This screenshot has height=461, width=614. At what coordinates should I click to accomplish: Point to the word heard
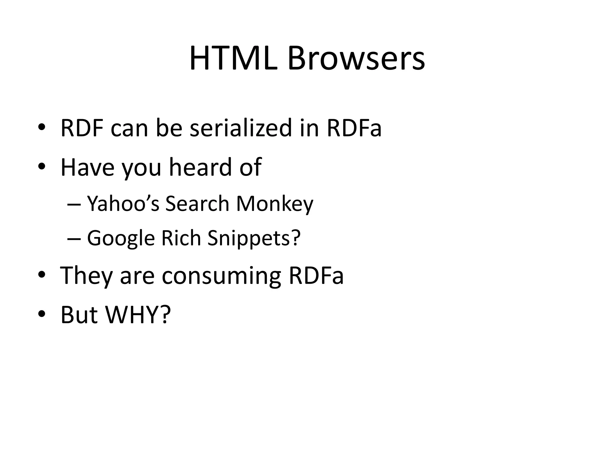click(200, 167)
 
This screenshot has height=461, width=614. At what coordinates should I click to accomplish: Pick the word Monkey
click(274, 204)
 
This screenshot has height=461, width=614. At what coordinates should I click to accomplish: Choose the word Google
click(121, 238)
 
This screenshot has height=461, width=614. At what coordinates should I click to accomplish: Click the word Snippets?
click(254, 238)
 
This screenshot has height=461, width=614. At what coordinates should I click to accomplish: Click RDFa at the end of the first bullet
click(354, 128)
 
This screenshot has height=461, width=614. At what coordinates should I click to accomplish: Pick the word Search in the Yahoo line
click(197, 204)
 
